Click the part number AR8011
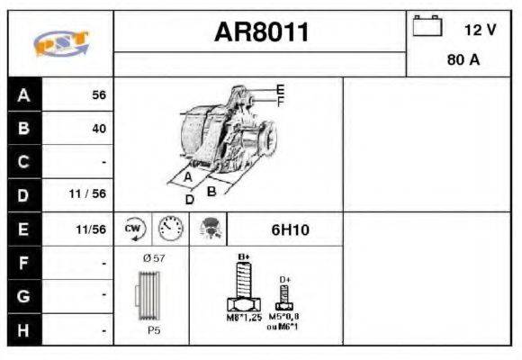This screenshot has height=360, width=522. pyautogui.click(x=261, y=33)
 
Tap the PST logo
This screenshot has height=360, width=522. pyautogui.click(x=59, y=43)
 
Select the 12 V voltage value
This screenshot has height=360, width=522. pyautogui.click(x=480, y=30)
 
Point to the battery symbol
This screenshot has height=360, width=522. pyautogui.click(x=426, y=27)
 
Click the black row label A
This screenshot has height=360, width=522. pyautogui.click(x=24, y=94)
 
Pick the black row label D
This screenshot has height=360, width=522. pyautogui.click(x=24, y=194)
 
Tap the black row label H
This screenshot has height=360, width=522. pyautogui.click(x=24, y=330)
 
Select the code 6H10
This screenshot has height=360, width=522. pyautogui.click(x=290, y=229)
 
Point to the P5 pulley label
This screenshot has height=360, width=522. pyautogui.click(x=154, y=331)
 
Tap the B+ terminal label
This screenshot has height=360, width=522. pyautogui.click(x=242, y=258)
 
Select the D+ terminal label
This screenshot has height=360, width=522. pyautogui.click(x=285, y=280)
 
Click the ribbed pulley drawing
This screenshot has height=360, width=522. pyautogui.click(x=151, y=296)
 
